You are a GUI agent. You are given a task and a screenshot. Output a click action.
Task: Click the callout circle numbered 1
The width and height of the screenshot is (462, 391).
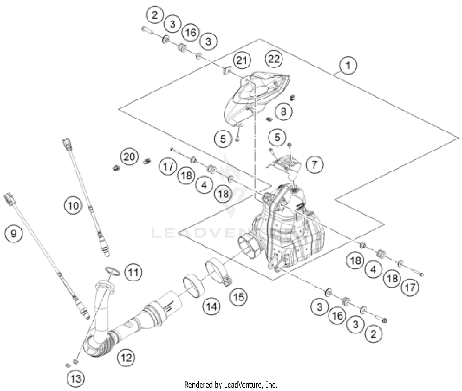(x=348, y=66)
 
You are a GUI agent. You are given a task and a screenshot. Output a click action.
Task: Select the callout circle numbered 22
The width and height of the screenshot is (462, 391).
(x=274, y=58)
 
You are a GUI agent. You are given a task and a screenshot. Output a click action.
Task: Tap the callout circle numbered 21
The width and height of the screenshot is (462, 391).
(x=242, y=60)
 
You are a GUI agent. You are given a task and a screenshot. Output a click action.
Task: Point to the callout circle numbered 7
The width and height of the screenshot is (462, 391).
(x=314, y=164)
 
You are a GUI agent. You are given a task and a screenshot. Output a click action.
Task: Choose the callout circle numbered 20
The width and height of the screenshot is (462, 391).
(x=129, y=157)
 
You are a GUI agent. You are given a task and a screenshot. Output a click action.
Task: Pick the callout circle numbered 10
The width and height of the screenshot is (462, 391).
(x=73, y=205)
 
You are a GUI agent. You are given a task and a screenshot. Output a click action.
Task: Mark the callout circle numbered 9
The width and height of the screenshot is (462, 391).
(x=14, y=234)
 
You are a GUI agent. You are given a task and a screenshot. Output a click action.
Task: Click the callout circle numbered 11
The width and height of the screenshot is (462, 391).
(x=133, y=272)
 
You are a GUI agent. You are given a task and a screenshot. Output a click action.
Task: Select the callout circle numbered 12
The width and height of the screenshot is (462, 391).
(x=126, y=357)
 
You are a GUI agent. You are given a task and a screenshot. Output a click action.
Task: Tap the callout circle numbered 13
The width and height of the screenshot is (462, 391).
(x=76, y=378)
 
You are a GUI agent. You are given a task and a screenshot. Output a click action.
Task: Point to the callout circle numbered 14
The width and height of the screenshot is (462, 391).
(x=212, y=306)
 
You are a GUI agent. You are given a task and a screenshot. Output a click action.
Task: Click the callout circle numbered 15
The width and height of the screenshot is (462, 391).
(x=239, y=297)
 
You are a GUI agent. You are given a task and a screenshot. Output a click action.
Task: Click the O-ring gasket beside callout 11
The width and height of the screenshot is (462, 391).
(x=113, y=271)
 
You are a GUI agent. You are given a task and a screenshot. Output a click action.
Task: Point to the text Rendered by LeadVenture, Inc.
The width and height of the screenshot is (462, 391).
(x=231, y=385)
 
